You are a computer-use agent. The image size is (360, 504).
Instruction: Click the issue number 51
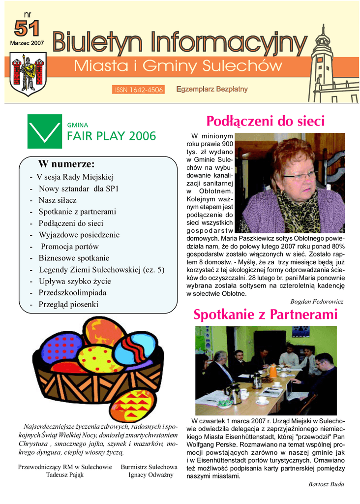(x=27, y=29)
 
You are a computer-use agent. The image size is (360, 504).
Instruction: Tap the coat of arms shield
(x=28, y=74)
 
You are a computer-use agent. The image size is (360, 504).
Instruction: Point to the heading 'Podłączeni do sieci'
(x=266, y=121)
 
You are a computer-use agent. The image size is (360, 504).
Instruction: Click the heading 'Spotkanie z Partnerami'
(x=266, y=315)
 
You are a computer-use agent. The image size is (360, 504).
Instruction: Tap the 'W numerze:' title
(x=66, y=164)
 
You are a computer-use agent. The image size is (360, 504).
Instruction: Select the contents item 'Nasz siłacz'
(x=58, y=200)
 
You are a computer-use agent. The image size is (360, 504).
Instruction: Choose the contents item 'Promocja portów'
(x=69, y=247)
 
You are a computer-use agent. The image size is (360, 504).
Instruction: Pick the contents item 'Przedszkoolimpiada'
(x=72, y=293)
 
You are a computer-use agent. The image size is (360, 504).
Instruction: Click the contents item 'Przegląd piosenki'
(x=68, y=305)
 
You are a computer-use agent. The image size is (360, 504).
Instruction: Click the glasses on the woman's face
(x=300, y=175)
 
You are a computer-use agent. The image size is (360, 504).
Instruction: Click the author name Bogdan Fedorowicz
(x=317, y=301)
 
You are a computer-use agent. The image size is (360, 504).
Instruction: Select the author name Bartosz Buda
(x=326, y=484)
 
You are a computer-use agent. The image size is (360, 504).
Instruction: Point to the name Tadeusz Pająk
(x=65, y=475)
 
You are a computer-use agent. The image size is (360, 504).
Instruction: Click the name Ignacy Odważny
(x=149, y=475)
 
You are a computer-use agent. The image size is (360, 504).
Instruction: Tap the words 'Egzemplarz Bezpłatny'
(x=211, y=89)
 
